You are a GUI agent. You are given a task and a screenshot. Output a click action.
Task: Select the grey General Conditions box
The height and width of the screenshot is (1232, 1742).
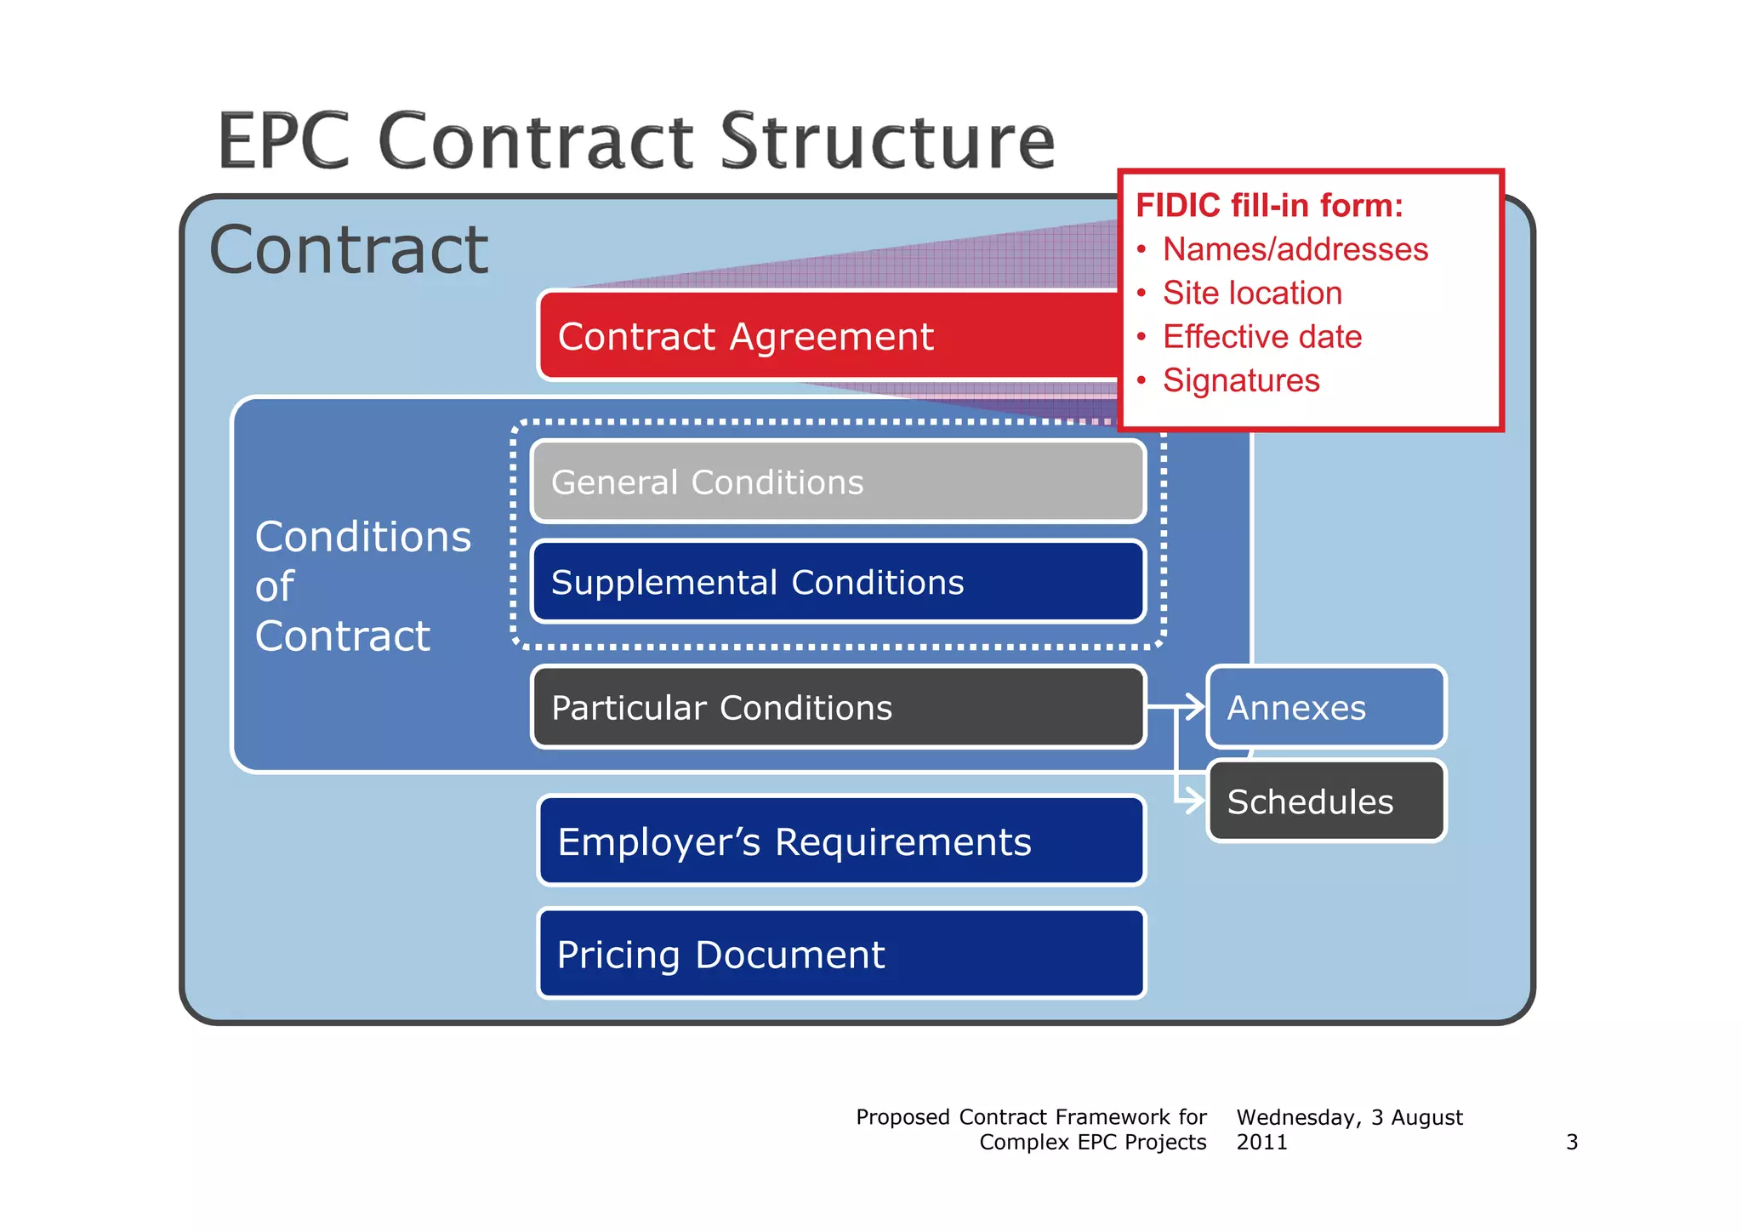pyautogui.click(x=838, y=482)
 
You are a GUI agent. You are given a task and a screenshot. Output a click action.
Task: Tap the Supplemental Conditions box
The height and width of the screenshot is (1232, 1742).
pyautogui.click(x=838, y=583)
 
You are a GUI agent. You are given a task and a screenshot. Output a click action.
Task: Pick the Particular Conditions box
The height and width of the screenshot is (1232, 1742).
pyautogui.click(x=838, y=708)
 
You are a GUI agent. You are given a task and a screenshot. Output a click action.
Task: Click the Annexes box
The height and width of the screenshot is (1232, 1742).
pyautogui.click(x=1325, y=708)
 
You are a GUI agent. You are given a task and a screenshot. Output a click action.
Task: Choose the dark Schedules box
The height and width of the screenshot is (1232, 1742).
pyautogui.click(x=1325, y=801)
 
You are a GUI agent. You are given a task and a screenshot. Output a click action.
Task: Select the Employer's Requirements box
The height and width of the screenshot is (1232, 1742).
pyautogui.click(x=840, y=842)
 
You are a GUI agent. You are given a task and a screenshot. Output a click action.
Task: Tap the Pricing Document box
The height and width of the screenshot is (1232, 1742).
pyautogui.click(x=840, y=955)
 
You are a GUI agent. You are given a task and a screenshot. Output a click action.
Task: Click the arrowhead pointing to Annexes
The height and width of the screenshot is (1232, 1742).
pyautogui.click(x=1196, y=706)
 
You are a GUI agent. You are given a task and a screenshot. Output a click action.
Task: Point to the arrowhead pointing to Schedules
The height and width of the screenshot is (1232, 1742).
pyautogui.click(x=1196, y=800)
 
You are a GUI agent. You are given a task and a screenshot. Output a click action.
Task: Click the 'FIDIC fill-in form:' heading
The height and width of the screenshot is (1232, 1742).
pyautogui.click(x=1269, y=206)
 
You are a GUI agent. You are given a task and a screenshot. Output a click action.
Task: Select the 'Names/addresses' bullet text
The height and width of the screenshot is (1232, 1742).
pyautogui.click(x=1295, y=249)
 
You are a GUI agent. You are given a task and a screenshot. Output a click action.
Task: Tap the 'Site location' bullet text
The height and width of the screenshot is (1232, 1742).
pyautogui.click(x=1252, y=294)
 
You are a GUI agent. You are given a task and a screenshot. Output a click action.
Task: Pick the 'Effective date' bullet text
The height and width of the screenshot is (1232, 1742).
pyautogui.click(x=1261, y=337)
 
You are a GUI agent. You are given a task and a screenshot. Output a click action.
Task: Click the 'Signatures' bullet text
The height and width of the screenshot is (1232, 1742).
pyautogui.click(x=1241, y=380)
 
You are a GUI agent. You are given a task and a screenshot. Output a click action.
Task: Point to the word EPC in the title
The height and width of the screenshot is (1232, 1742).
pyautogui.click(x=284, y=141)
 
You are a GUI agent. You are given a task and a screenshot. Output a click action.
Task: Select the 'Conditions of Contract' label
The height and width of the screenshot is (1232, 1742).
pyautogui.click(x=362, y=586)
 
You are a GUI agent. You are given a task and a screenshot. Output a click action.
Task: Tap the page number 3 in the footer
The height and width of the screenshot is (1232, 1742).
pyautogui.click(x=1571, y=1142)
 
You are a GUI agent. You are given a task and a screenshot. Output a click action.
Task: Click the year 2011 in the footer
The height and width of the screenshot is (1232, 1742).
pyautogui.click(x=1261, y=1142)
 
